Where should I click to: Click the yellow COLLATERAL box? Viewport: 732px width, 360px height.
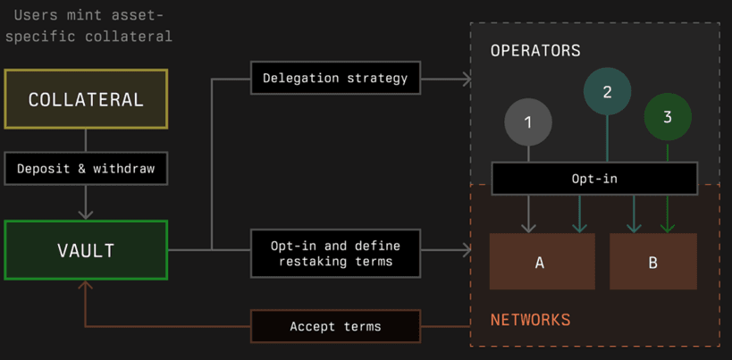point(86,99)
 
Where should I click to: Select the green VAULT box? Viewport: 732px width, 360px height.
point(86,250)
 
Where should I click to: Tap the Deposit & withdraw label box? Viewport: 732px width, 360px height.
point(86,168)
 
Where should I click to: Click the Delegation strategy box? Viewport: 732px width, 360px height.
point(336,78)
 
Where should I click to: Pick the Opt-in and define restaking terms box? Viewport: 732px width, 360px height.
point(336,253)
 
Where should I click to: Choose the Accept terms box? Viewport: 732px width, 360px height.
point(336,326)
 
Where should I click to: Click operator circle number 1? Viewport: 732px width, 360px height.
point(528,122)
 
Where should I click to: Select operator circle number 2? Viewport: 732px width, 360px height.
point(607,91)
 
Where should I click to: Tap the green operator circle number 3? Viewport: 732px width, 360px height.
point(668,117)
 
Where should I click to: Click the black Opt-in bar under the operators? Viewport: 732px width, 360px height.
point(594,178)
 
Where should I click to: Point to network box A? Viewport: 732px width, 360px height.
point(542,262)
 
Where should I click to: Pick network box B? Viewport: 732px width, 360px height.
point(653,262)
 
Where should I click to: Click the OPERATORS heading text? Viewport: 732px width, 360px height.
point(535,50)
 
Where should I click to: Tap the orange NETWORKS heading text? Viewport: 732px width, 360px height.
point(530,320)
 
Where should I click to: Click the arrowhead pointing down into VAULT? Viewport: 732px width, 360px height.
point(86,213)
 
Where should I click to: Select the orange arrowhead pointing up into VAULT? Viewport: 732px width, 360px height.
point(86,287)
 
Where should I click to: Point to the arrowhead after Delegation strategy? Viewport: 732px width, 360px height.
point(467,80)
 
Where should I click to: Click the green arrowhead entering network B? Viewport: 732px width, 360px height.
point(668,228)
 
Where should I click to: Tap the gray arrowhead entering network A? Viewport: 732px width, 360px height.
point(528,228)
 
